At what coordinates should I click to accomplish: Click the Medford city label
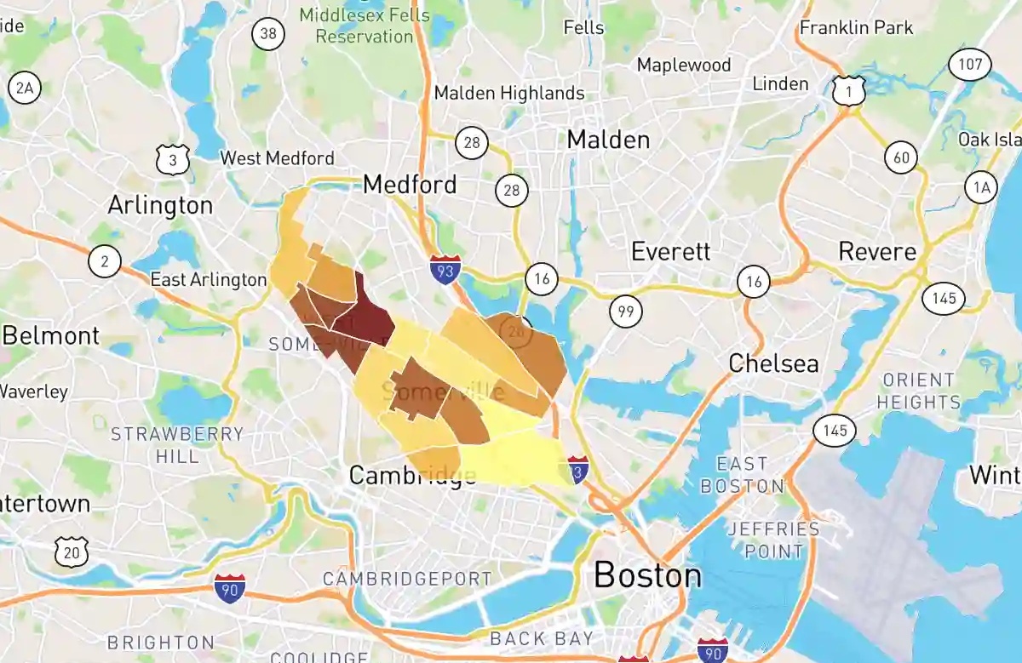[x=410, y=184]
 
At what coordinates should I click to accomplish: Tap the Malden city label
[x=608, y=139]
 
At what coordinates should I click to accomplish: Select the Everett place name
[x=670, y=251]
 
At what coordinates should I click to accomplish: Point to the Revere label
[x=877, y=251]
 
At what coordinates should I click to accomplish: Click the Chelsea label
[x=773, y=363]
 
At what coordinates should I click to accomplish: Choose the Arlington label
[x=160, y=205]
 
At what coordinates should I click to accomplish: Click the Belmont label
[x=50, y=335]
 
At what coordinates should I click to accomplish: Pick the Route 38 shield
[x=268, y=34]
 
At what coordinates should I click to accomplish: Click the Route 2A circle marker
[x=24, y=88]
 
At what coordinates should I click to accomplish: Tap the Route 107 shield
[x=972, y=64]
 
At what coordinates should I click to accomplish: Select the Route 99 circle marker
[x=626, y=312]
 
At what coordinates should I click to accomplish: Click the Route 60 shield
[x=901, y=157]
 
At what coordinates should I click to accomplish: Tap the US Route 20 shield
[x=71, y=552]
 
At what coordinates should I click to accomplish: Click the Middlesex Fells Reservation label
[x=364, y=26]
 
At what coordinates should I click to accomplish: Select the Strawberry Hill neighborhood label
[x=177, y=445]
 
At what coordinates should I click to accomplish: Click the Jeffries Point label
[x=773, y=540]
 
